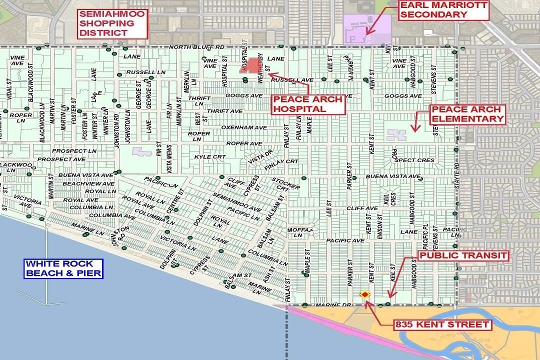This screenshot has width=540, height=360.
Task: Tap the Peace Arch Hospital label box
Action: click(x=307, y=104)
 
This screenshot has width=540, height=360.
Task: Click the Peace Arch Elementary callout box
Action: click(x=467, y=114)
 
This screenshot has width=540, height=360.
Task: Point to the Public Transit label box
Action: click(x=463, y=256)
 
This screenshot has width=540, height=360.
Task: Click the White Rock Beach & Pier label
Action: click(x=64, y=268)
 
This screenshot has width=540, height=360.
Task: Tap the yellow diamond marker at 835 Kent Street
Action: click(x=365, y=294)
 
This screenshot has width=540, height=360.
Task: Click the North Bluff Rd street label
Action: click(x=195, y=47)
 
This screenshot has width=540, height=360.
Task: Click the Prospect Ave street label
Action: click(x=68, y=159)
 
